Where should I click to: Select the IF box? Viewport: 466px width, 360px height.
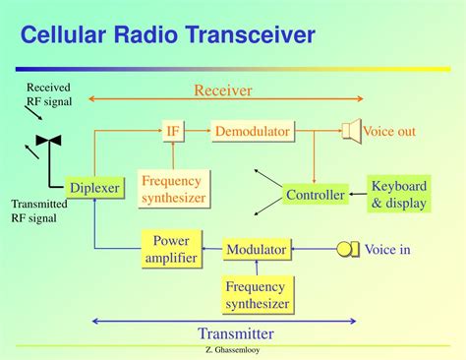point(174,130)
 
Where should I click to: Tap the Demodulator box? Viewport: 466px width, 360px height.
point(252,130)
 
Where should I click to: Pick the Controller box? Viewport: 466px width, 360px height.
point(315,195)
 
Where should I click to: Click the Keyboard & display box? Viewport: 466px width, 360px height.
point(399,195)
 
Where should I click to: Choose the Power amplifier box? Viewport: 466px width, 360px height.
point(173,249)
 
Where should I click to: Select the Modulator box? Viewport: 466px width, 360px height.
point(256,250)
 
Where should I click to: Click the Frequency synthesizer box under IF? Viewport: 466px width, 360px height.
point(173,189)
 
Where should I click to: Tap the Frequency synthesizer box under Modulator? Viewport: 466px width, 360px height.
point(257,295)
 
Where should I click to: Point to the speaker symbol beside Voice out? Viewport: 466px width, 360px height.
point(350,130)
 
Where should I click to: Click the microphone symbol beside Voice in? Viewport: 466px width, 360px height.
point(348,250)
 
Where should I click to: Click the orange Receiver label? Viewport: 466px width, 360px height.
point(222,90)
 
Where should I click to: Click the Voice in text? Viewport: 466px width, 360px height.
point(387,250)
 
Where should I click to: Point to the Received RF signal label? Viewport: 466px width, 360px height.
point(49,94)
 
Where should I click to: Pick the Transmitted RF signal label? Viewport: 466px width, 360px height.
point(38,211)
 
